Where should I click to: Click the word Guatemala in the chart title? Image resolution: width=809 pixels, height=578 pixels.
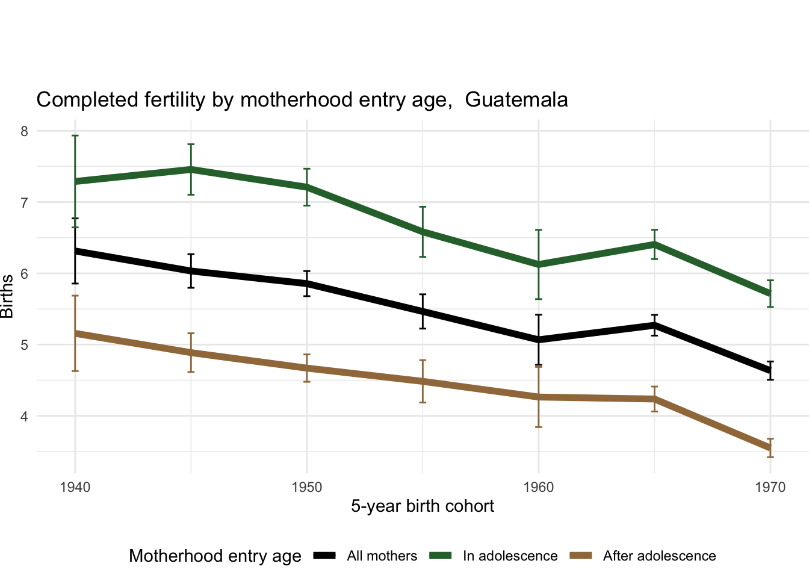point(516,99)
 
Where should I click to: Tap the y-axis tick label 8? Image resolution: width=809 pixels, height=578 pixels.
point(25,131)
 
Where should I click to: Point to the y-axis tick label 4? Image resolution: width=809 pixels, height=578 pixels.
point(25,416)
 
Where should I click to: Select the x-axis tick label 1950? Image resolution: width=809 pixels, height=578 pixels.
point(307,487)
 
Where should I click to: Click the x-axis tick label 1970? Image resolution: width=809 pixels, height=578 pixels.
point(770,487)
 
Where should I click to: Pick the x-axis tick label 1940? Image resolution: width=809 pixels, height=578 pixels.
point(75,487)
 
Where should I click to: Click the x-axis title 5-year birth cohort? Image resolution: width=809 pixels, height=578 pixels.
point(423,506)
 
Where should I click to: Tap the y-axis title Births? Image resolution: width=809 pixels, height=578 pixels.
point(7,296)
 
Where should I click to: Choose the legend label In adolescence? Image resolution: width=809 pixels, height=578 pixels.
point(510,556)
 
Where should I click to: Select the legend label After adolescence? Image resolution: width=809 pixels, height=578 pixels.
point(659,556)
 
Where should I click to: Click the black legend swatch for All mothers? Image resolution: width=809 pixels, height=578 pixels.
point(324,556)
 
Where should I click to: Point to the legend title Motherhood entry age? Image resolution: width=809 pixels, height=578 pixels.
point(215,556)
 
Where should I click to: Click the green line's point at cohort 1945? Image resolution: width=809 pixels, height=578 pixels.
point(191,169)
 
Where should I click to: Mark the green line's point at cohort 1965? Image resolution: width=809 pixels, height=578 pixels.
point(654,244)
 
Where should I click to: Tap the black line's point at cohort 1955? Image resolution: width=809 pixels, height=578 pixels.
point(423,311)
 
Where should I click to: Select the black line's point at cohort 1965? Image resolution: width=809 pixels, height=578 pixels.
point(654,325)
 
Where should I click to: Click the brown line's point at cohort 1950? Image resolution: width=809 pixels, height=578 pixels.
point(307,368)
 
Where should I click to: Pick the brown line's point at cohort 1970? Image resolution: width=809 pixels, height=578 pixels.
point(770,449)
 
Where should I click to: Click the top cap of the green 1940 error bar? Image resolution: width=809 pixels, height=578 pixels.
point(75,135)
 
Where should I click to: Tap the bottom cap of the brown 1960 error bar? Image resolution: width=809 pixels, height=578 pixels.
point(539,427)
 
